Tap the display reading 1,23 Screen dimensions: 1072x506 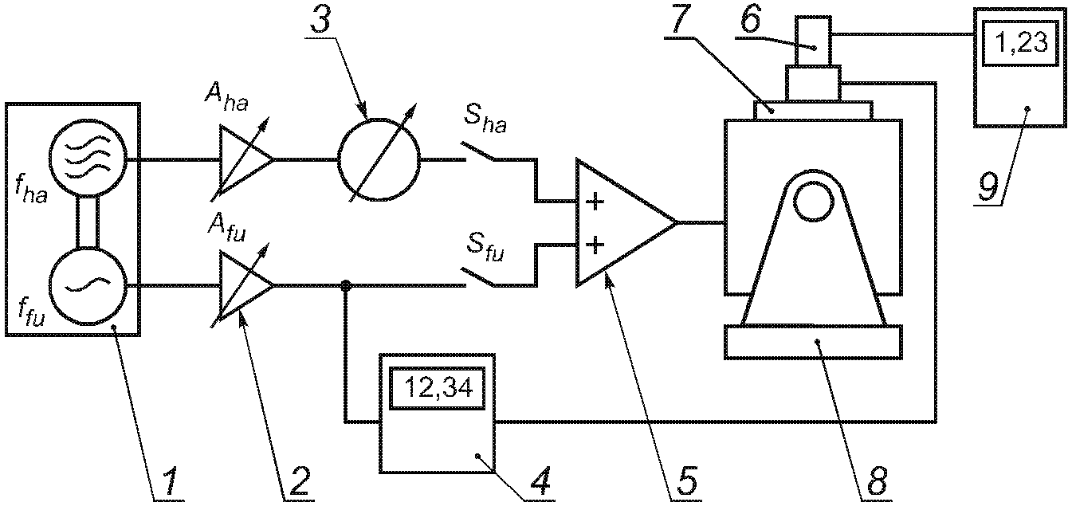tap(1021, 43)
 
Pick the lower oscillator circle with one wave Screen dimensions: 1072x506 tap(88, 286)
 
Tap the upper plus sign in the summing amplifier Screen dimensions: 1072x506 tap(595, 202)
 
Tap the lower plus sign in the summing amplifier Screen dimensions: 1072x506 tap(595, 245)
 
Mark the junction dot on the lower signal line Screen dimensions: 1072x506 tap(345, 286)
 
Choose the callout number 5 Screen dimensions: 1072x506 tap(685, 480)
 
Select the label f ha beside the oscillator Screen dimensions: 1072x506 tap(30, 190)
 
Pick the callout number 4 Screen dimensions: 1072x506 tap(539, 480)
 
